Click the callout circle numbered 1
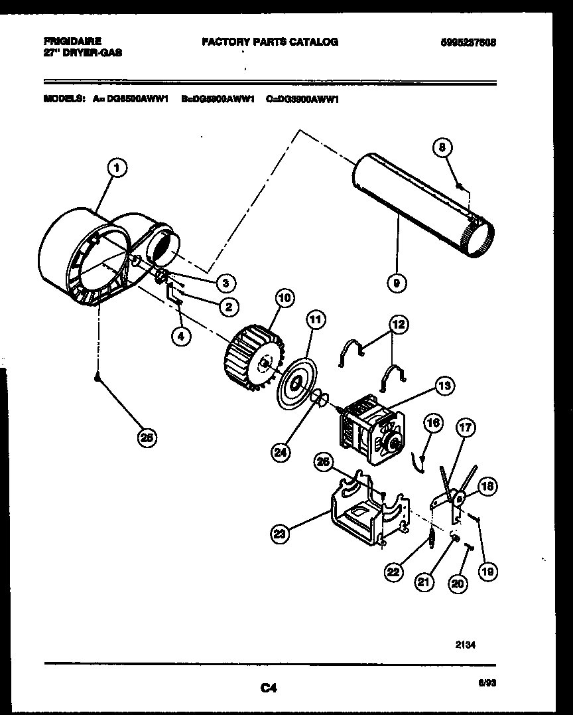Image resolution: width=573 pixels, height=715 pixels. [x=116, y=169]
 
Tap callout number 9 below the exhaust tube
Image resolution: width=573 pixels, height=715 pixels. [x=397, y=283]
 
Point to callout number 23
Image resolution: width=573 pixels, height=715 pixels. [x=281, y=532]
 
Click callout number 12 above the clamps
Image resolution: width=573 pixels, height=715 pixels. [x=399, y=325]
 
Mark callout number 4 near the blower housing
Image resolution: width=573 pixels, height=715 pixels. [x=179, y=337]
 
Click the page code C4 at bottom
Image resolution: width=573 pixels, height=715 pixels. [x=268, y=689]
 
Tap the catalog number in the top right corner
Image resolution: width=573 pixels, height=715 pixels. [x=468, y=42]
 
